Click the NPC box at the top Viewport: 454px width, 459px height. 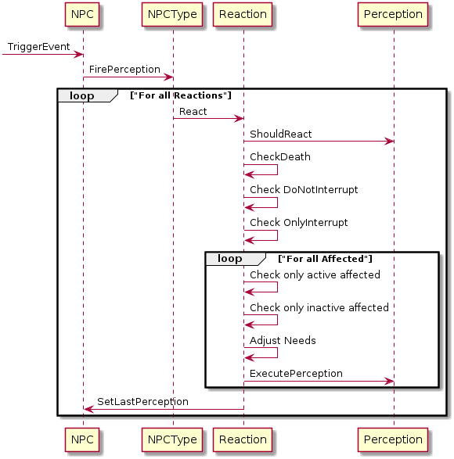click(x=82, y=14)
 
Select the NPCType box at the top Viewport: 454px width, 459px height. click(x=172, y=14)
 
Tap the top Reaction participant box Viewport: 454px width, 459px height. click(x=243, y=14)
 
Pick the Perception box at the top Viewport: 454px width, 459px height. click(x=393, y=14)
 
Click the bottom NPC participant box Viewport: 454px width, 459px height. click(x=82, y=439)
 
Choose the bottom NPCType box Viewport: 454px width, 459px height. click(x=172, y=439)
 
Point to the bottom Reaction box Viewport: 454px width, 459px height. click(x=243, y=439)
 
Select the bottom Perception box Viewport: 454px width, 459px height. click(x=393, y=439)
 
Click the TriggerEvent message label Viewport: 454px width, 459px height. click(x=38, y=47)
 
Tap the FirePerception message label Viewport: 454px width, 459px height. click(x=124, y=70)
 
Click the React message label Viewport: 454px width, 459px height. click(x=193, y=112)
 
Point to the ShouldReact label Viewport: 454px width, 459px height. click(x=280, y=134)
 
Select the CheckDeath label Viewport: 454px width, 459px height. click(x=280, y=157)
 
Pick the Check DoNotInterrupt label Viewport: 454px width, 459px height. click(x=304, y=190)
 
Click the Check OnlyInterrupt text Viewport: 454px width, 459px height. click(x=299, y=223)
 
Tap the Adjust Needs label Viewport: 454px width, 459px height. click(x=283, y=341)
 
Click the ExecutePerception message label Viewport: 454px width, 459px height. click(x=296, y=374)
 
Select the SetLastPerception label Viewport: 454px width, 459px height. click(x=142, y=402)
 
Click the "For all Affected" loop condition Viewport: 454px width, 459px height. click(x=325, y=259)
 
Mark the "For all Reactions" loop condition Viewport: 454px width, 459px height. click(x=181, y=95)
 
